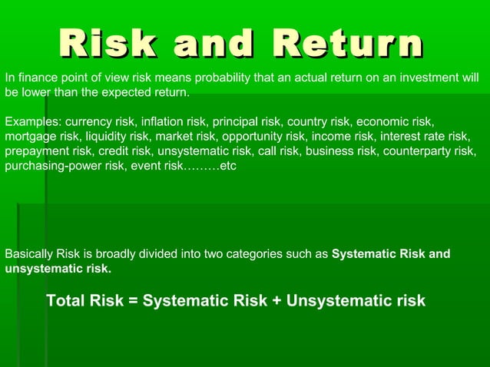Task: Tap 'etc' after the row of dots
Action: point(228,166)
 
